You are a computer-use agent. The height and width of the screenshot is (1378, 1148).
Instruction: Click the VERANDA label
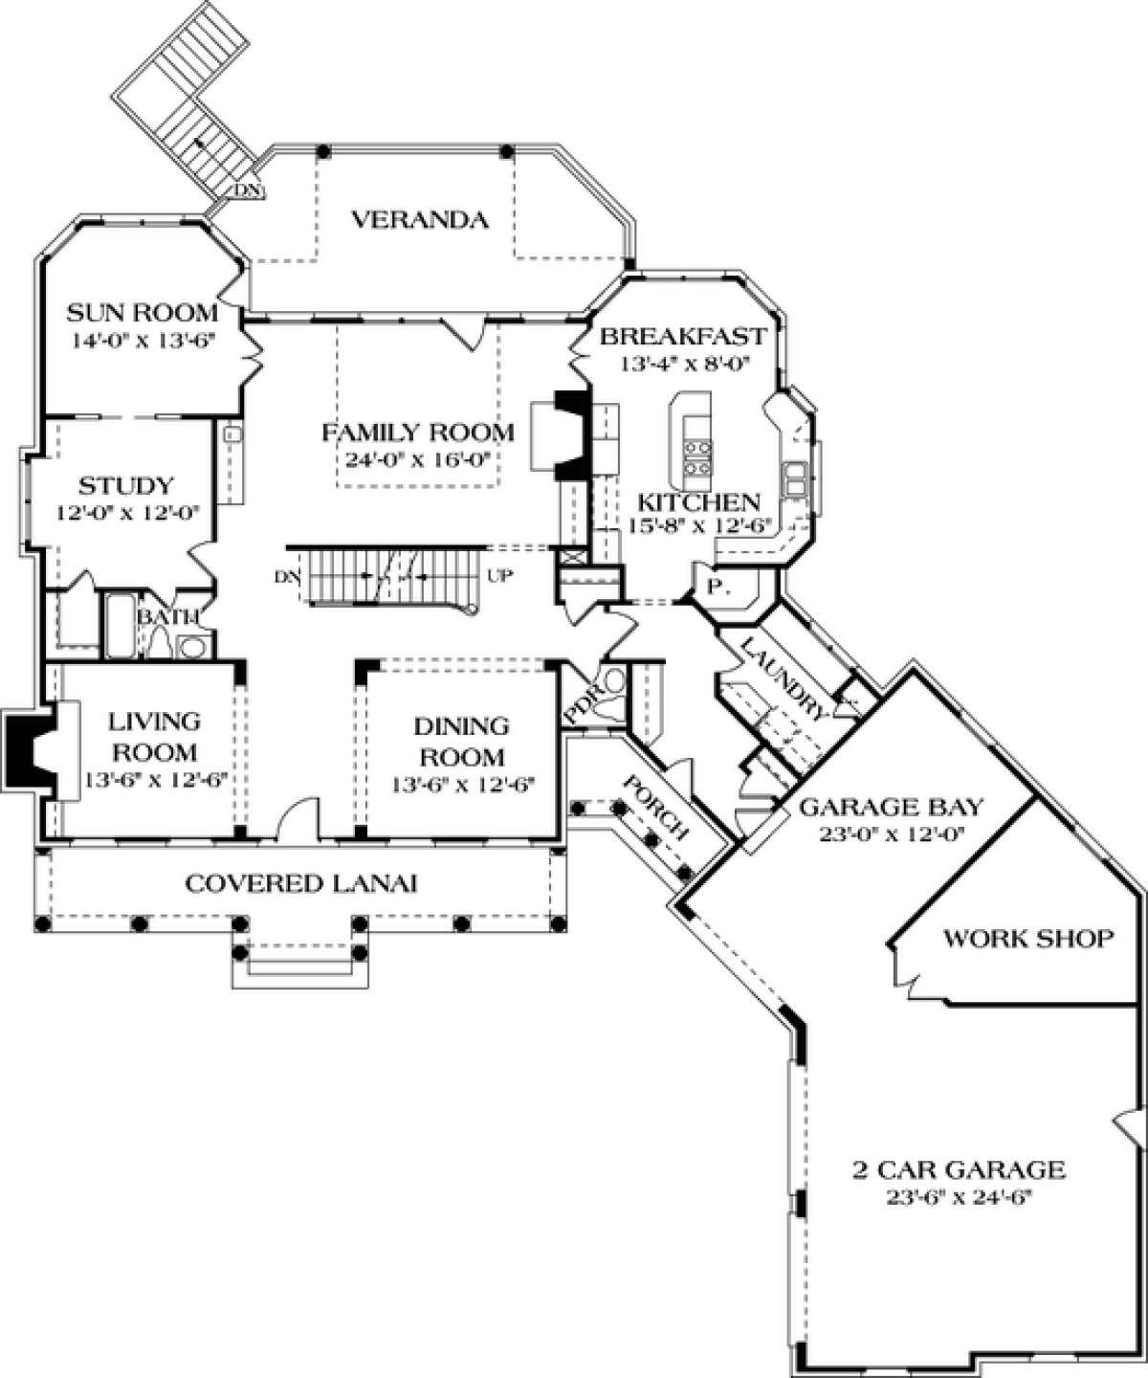[x=419, y=221]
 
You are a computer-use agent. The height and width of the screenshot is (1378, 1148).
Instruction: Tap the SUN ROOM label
[x=143, y=313]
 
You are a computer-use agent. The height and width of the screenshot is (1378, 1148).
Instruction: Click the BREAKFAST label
[x=682, y=337]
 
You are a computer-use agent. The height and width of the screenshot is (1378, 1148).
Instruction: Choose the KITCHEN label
[x=698, y=501]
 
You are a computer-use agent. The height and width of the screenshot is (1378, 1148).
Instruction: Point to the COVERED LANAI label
[x=301, y=882]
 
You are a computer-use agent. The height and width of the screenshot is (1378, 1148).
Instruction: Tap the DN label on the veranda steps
[x=246, y=189]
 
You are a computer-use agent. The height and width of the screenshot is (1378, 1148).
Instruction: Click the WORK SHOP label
[x=1028, y=938]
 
